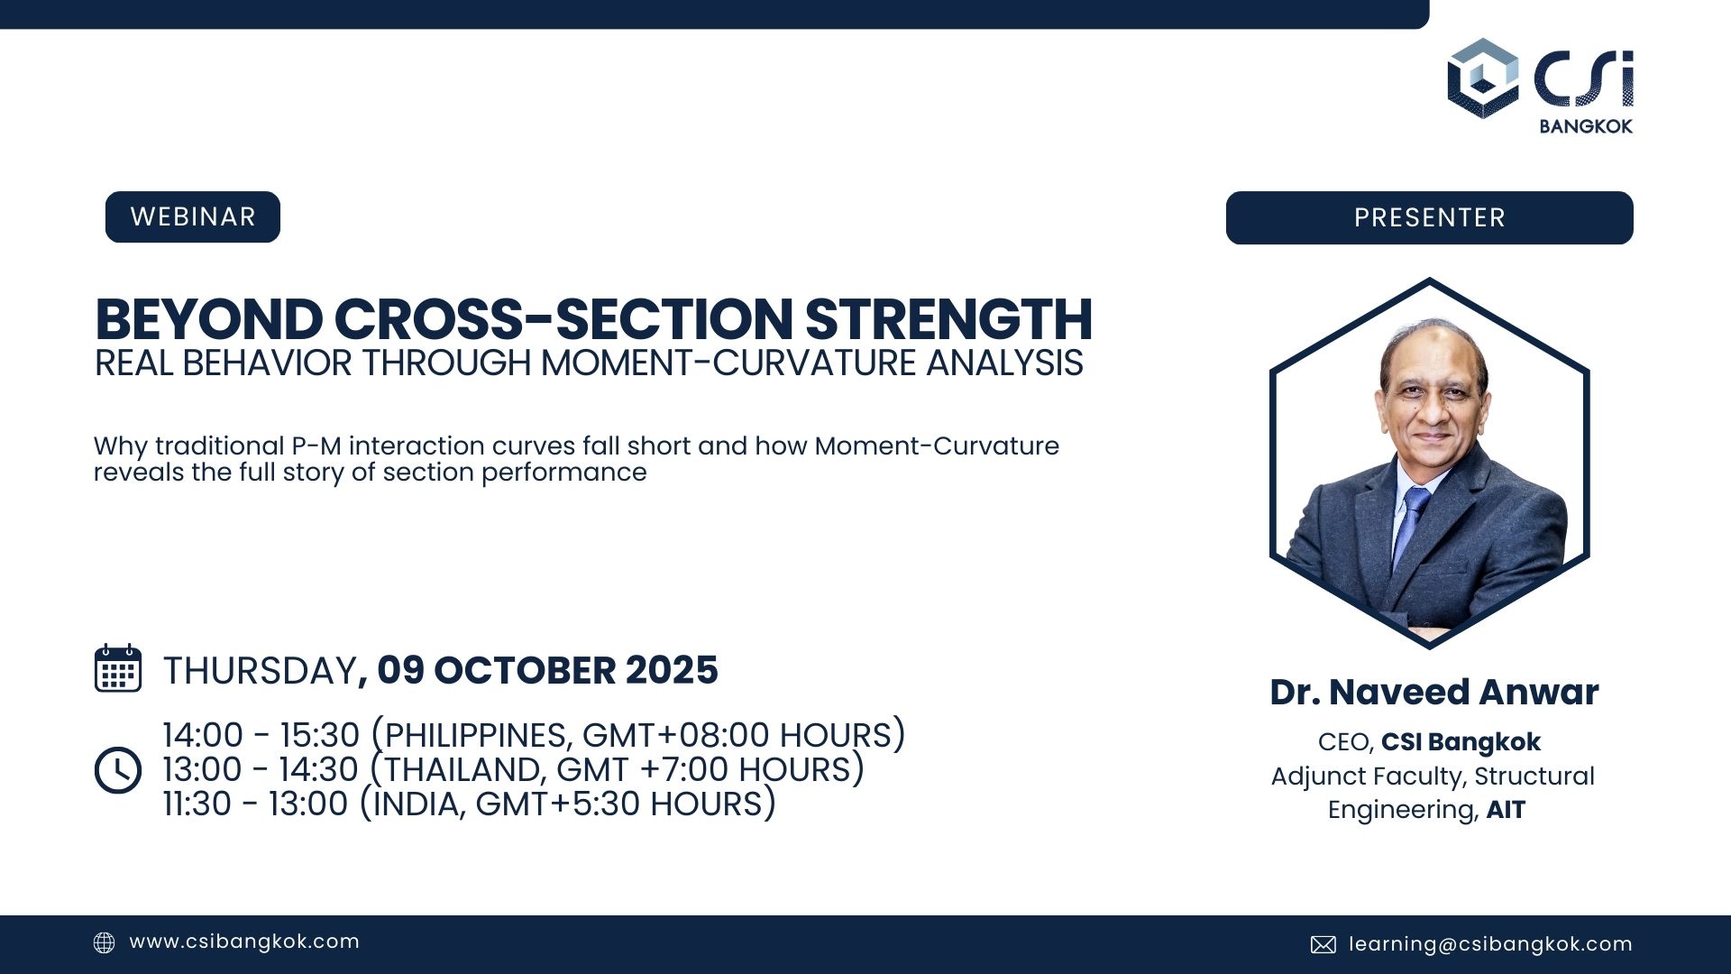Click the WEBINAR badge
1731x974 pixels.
click(x=193, y=217)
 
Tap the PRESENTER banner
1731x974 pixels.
click(x=1429, y=217)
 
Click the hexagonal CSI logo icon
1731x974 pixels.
click(x=1483, y=78)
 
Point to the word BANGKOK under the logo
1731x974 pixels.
click(x=1586, y=126)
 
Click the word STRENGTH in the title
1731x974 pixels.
click(x=948, y=318)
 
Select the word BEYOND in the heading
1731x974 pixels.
click(x=208, y=318)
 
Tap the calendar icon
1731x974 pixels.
click(x=118, y=668)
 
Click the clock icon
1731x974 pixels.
click(x=118, y=770)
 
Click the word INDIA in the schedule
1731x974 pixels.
click(x=419, y=804)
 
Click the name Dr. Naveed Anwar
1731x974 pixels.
click(x=1434, y=692)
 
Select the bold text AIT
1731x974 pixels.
click(x=1506, y=810)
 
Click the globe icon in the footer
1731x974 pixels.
click(x=105, y=942)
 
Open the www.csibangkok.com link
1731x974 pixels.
click(x=244, y=942)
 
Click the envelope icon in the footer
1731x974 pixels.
click(x=1323, y=944)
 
